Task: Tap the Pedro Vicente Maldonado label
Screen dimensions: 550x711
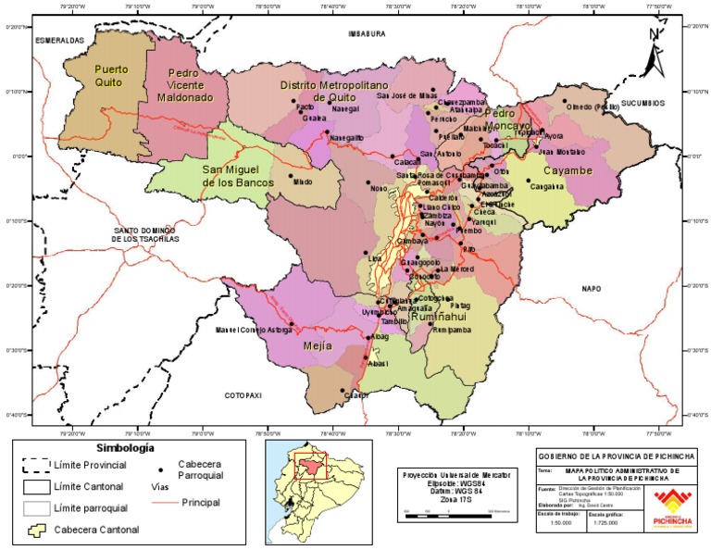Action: pyautogui.click(x=184, y=84)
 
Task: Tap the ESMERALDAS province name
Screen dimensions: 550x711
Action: pyautogui.click(x=59, y=41)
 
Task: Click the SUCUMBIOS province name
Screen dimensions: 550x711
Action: pyautogui.click(x=642, y=103)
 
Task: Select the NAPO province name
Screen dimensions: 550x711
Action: pyautogui.click(x=591, y=289)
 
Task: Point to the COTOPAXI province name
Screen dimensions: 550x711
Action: pyautogui.click(x=243, y=395)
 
